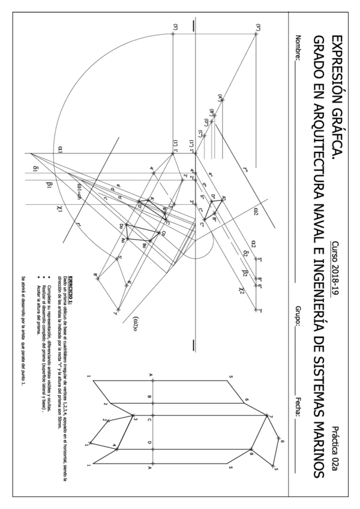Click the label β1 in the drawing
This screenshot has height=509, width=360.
[49, 185]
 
